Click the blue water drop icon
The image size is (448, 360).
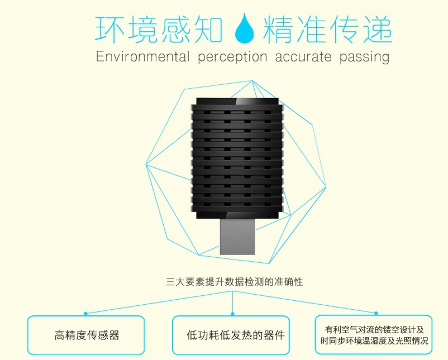tap(245, 28)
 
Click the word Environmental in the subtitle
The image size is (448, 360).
tap(143, 56)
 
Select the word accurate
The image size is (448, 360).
tap(303, 57)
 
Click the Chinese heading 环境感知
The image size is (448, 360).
tap(159, 30)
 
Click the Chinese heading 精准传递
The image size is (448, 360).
tap(327, 30)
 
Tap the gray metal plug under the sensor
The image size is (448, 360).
tap(237, 237)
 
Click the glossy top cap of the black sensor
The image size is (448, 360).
tap(237, 102)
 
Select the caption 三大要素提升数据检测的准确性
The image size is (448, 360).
tap(234, 282)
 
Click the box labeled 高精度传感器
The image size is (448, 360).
tap(86, 335)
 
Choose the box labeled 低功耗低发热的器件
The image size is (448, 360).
tap(231, 335)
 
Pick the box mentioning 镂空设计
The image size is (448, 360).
tap(374, 334)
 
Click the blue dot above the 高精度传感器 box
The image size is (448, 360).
tap(85, 314)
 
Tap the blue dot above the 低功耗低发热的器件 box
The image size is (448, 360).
tap(232, 314)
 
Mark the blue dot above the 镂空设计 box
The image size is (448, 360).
tap(376, 313)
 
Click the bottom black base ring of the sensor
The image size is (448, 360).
tap(237, 215)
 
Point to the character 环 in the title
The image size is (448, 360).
tap(109, 30)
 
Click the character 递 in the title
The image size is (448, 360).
tap(378, 30)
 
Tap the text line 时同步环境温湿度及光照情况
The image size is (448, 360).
tap(374, 341)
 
